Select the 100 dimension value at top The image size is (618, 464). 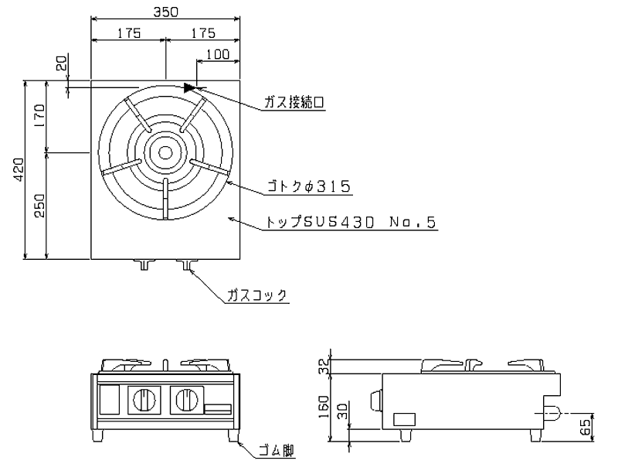pyautogui.click(x=218, y=54)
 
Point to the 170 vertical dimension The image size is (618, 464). pyautogui.click(x=41, y=116)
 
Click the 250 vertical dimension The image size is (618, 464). pyautogui.click(x=41, y=205)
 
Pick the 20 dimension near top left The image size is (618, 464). pyautogui.click(x=62, y=63)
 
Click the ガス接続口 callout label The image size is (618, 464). pyautogui.click(x=294, y=103)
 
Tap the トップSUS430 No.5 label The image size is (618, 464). pyautogui.click(x=351, y=223)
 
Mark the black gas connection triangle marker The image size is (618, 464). pyautogui.click(x=190, y=87)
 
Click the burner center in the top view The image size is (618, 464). pyautogui.click(x=165, y=152)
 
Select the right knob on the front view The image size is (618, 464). pyautogui.click(x=185, y=400)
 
